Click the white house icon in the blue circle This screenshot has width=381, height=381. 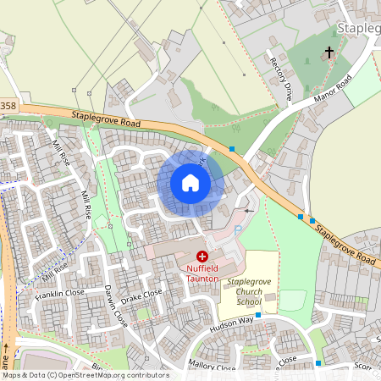[190, 183]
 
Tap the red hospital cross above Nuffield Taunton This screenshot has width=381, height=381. [202, 256]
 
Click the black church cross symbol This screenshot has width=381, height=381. [329, 52]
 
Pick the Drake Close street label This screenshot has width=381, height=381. [141, 297]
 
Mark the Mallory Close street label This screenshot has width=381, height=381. [213, 367]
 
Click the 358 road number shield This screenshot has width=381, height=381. [8, 105]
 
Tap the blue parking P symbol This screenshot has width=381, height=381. [238, 229]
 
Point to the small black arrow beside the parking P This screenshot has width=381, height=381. [248, 209]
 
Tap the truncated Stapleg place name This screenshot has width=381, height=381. [358, 29]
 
